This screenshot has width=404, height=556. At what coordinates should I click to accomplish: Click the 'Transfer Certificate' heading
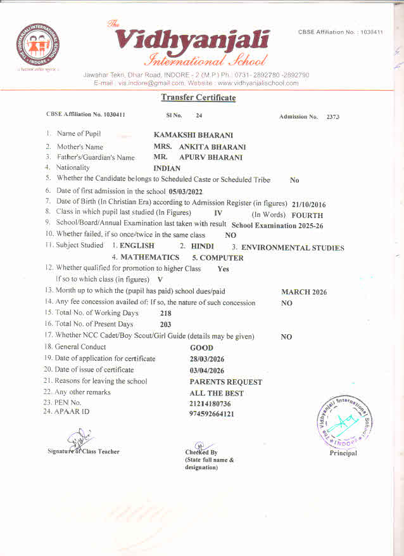pyautogui.click(x=198, y=98)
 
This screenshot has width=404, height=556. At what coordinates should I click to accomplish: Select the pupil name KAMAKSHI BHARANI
pyautogui.click(x=193, y=135)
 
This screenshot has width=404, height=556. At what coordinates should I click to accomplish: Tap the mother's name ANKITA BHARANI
pyautogui.click(x=212, y=146)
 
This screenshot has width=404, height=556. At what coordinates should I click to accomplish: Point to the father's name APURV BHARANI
pyautogui.click(x=211, y=157)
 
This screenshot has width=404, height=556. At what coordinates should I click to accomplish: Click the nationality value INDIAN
pyautogui.click(x=167, y=169)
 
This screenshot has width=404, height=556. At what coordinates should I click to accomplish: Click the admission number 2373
pyautogui.click(x=333, y=117)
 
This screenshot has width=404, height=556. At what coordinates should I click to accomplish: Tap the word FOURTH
pyautogui.click(x=307, y=215)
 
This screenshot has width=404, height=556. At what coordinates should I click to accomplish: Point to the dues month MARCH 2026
pyautogui.click(x=305, y=292)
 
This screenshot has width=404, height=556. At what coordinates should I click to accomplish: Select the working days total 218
pyautogui.click(x=166, y=313)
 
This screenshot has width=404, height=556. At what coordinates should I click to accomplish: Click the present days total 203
pyautogui.click(x=166, y=325)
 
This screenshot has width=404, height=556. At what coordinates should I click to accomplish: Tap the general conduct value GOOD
pyautogui.click(x=201, y=347)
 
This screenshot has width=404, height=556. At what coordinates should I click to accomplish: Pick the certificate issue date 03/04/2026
pyautogui.click(x=207, y=370)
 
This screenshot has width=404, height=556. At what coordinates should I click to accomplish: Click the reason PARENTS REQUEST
pyautogui.click(x=225, y=382)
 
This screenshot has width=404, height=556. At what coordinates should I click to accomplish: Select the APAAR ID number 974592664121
pyautogui.click(x=211, y=414)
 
